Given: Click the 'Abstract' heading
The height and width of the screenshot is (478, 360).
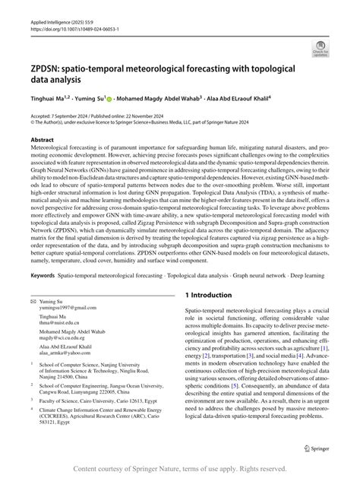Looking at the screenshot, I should click(x=42, y=141).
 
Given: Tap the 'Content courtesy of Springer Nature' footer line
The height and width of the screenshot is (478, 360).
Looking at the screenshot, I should click(x=180, y=470).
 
